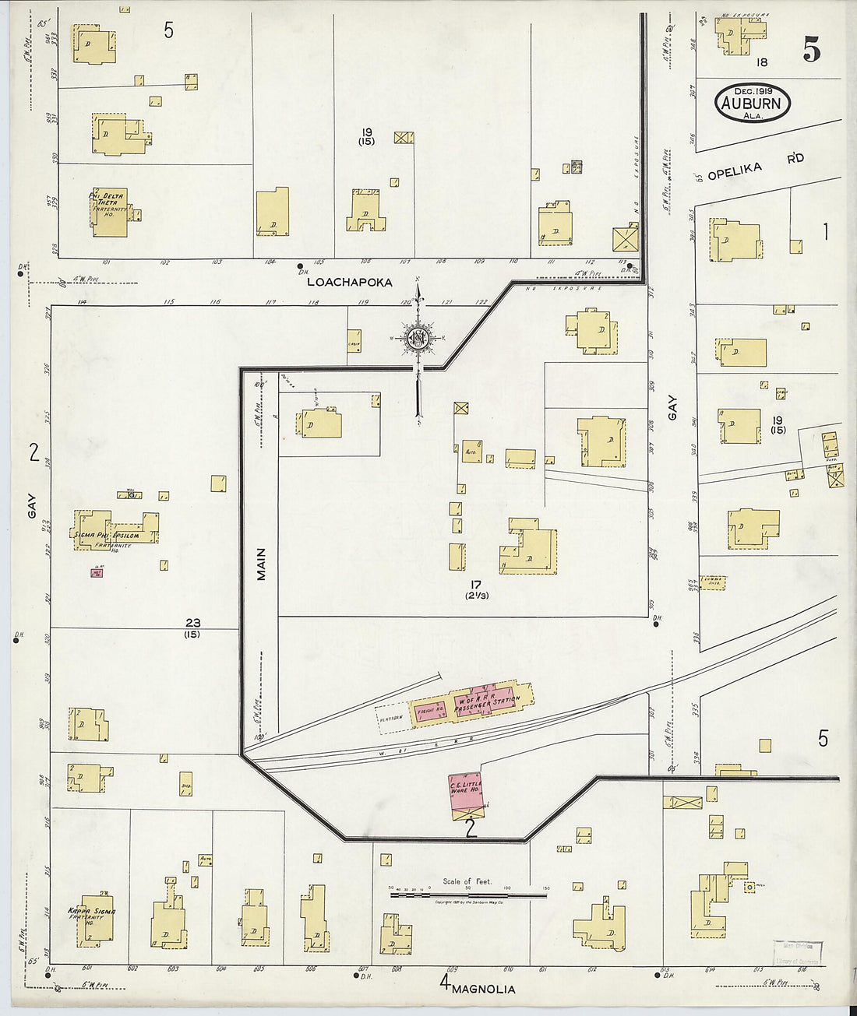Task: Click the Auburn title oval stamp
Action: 753,102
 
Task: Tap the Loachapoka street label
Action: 350,282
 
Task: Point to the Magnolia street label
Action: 483,989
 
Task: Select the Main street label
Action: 261,564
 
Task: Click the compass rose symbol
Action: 418,338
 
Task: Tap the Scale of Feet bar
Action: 467,895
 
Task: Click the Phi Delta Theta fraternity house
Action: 109,212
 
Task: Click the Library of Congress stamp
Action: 797,952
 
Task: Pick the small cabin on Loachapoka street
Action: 354,342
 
